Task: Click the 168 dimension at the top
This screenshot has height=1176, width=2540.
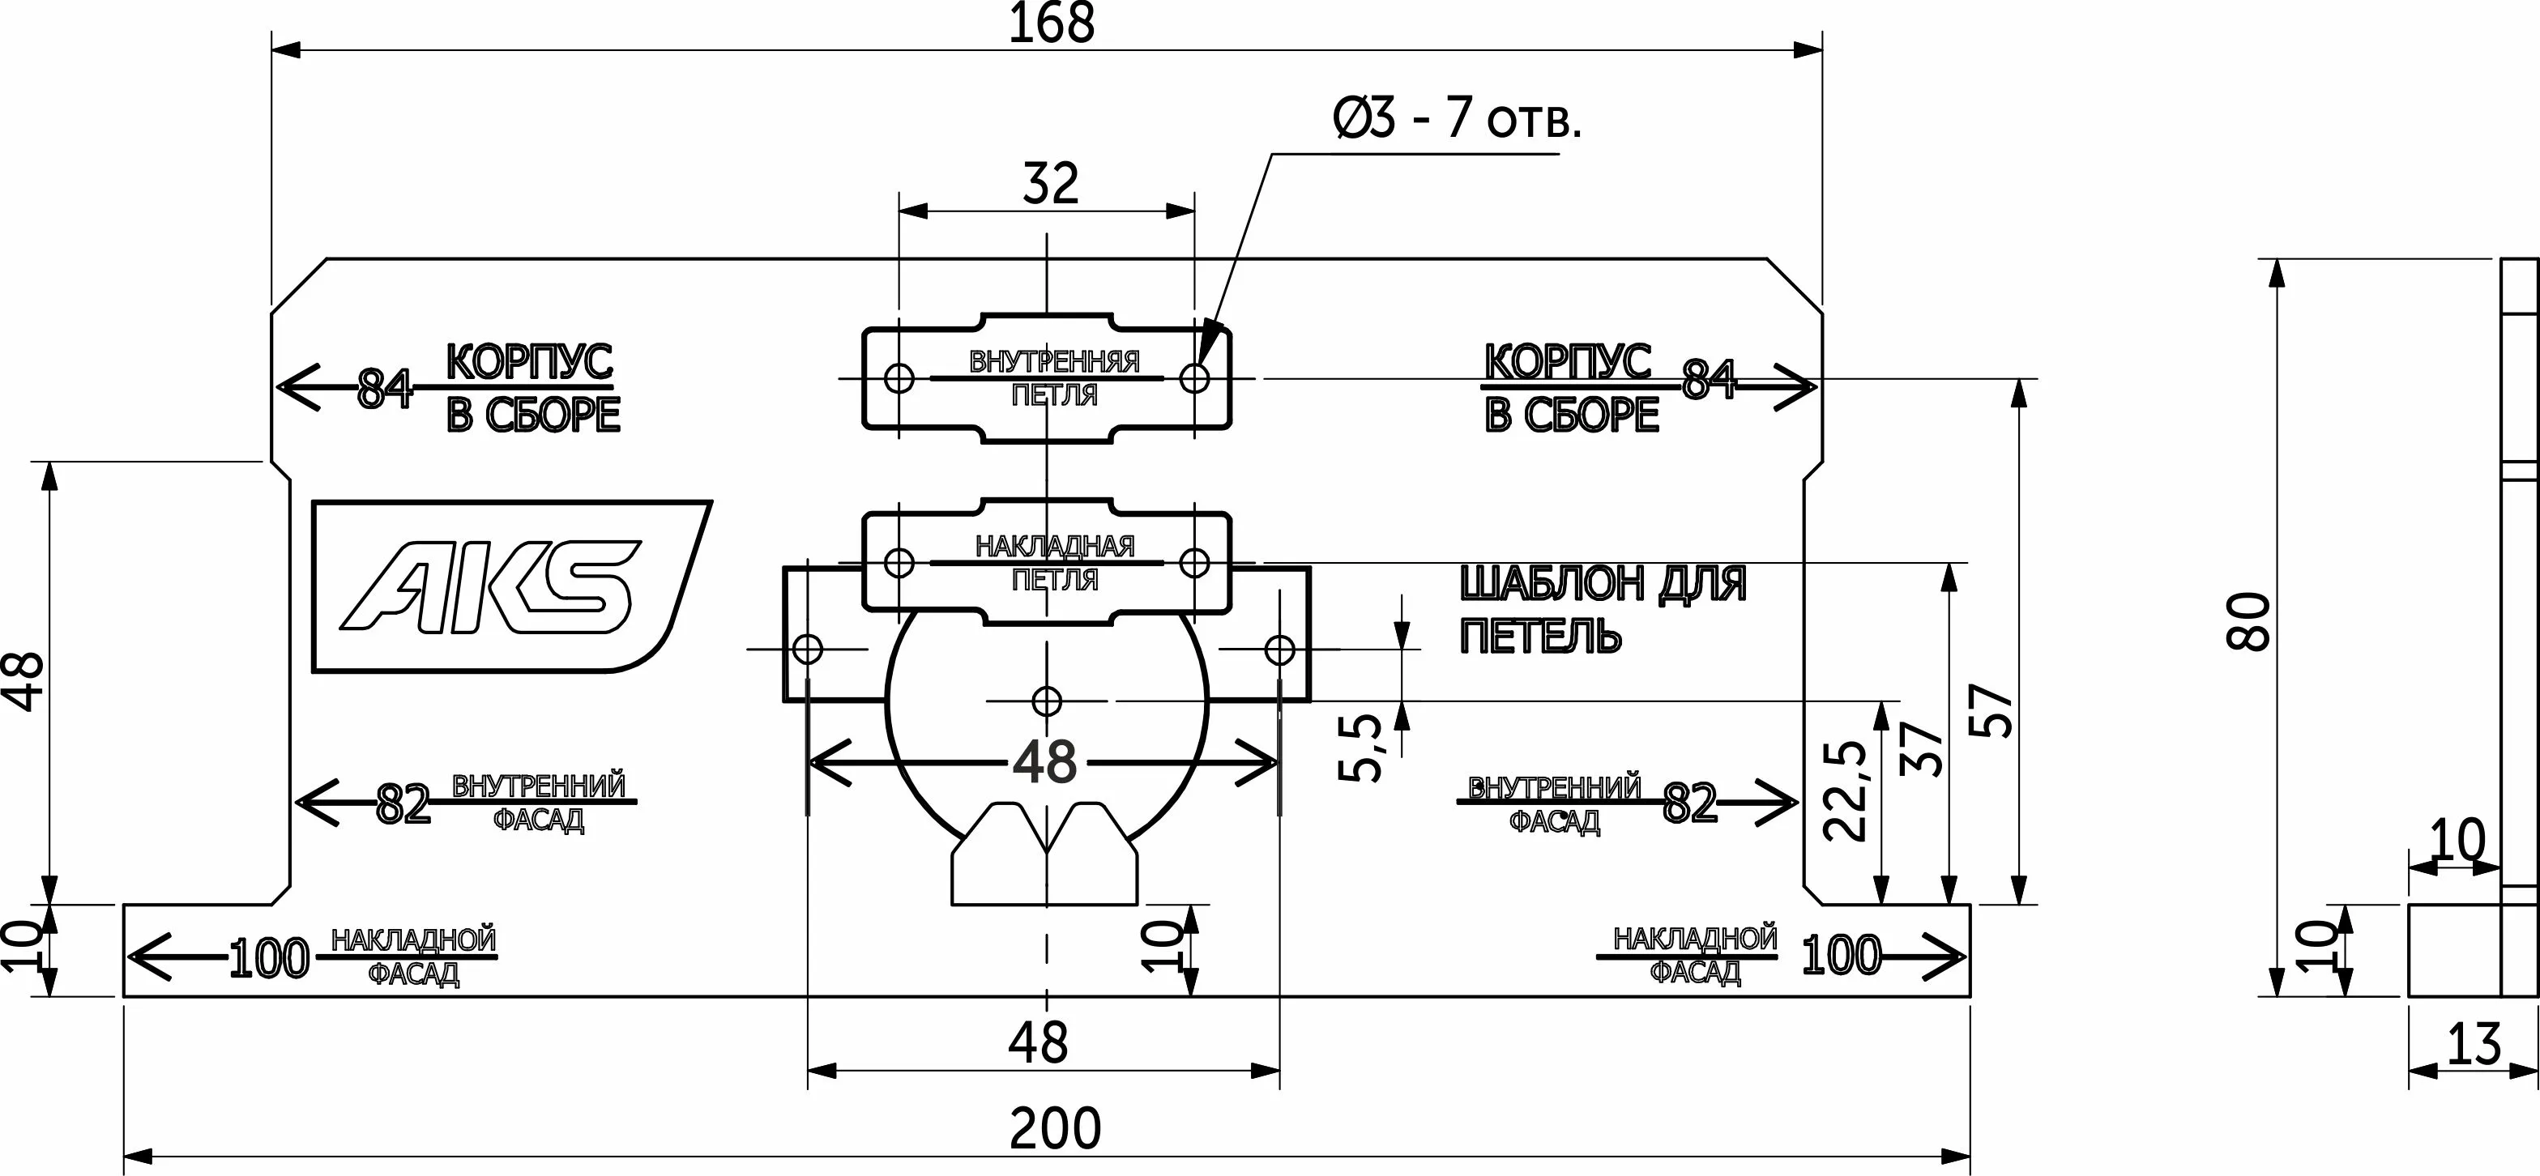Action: coord(1051,23)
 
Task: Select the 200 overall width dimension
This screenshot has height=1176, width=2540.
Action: coord(1054,1130)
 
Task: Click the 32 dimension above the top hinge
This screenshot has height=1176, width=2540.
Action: coord(1050,183)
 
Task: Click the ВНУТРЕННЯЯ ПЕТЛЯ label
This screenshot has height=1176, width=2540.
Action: coord(1054,377)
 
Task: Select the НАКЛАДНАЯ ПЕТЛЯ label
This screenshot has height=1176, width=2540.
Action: coord(1054,562)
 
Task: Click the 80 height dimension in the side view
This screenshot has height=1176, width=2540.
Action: coord(2249,621)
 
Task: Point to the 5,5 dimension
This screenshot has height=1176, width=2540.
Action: coord(1363,748)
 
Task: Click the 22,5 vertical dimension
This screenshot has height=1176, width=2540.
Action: coord(1845,790)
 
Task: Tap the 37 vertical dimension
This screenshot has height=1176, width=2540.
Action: coord(1920,749)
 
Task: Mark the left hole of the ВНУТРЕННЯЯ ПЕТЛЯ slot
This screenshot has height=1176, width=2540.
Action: coord(899,377)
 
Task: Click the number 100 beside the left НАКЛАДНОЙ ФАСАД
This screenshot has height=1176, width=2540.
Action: coord(268,959)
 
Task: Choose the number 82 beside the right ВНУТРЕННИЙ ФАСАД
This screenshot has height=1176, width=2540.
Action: coord(1690,803)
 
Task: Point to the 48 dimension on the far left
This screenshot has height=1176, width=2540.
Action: coord(28,680)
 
